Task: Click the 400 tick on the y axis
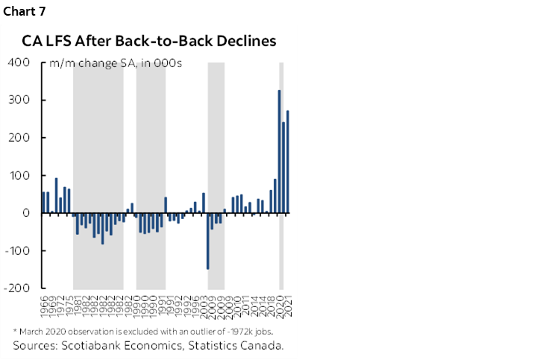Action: pos(20,63)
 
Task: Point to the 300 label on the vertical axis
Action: pos(20,101)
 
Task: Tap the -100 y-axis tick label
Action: pos(18,251)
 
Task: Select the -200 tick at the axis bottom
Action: pos(18,288)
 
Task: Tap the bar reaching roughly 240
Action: pos(283,168)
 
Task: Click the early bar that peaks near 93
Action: pos(56,195)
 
